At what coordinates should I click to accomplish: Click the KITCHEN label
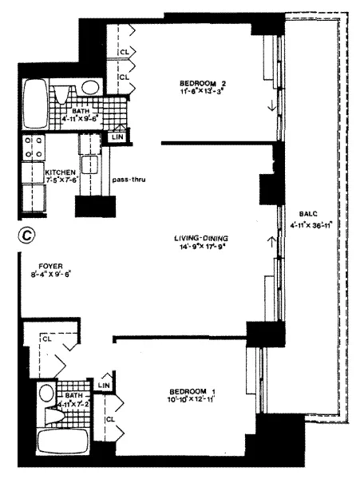click(38, 171)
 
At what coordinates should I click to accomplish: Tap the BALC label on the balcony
click(309, 214)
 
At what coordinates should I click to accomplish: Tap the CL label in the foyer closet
click(45, 338)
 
